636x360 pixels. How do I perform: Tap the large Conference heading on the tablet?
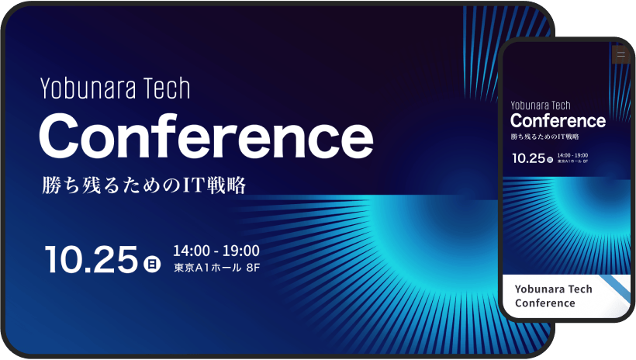click(206, 137)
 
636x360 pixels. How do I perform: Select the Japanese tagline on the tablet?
click(144, 185)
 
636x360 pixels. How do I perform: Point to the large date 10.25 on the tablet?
click(92, 259)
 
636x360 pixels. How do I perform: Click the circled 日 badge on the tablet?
click(152, 265)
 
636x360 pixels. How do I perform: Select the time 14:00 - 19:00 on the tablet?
click(216, 251)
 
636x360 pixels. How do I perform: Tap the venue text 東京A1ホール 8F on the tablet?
click(217, 268)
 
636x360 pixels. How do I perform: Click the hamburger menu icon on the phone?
click(620, 55)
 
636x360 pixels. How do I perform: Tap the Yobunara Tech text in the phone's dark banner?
click(541, 106)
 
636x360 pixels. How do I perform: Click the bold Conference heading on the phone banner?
click(558, 120)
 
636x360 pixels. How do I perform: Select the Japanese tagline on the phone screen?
click(544, 137)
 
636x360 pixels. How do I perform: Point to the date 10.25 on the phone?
click(529, 158)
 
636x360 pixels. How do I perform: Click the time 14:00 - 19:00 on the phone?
click(572, 155)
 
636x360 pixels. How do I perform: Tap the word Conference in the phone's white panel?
click(545, 303)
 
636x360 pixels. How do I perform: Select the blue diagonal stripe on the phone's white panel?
click(615, 289)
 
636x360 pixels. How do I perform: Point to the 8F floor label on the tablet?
click(253, 268)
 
